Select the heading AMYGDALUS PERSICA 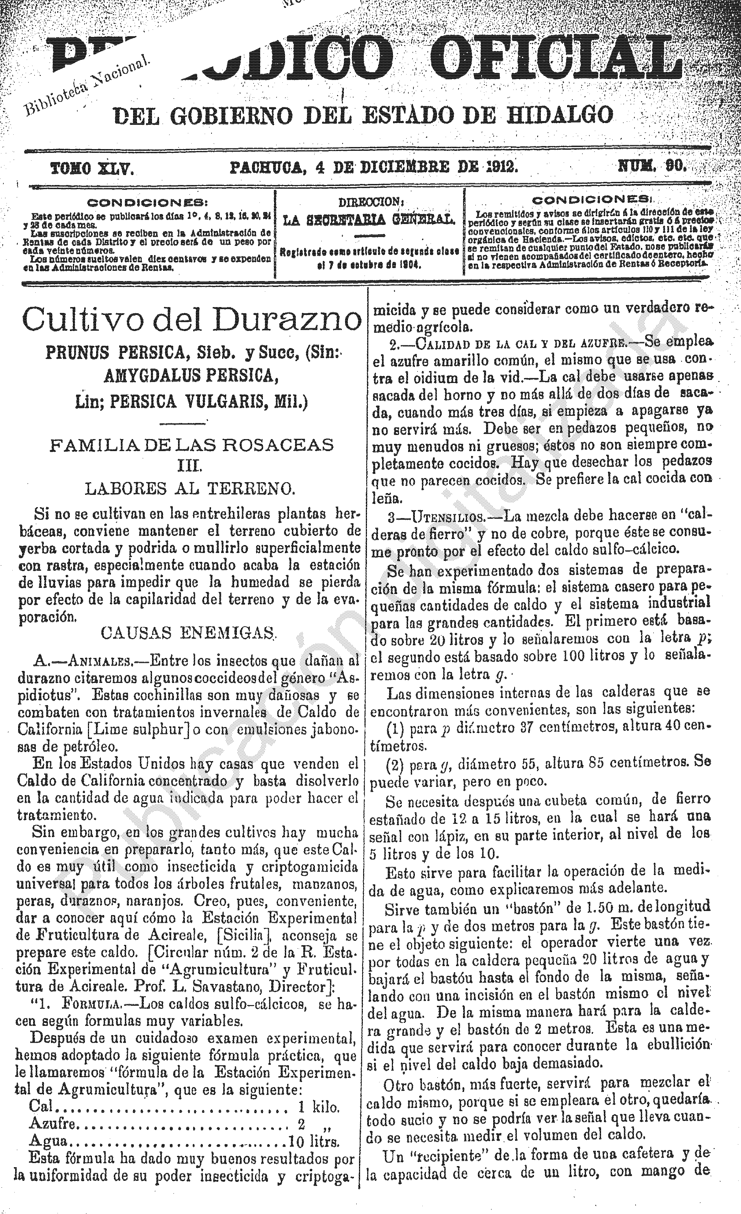click(x=189, y=377)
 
